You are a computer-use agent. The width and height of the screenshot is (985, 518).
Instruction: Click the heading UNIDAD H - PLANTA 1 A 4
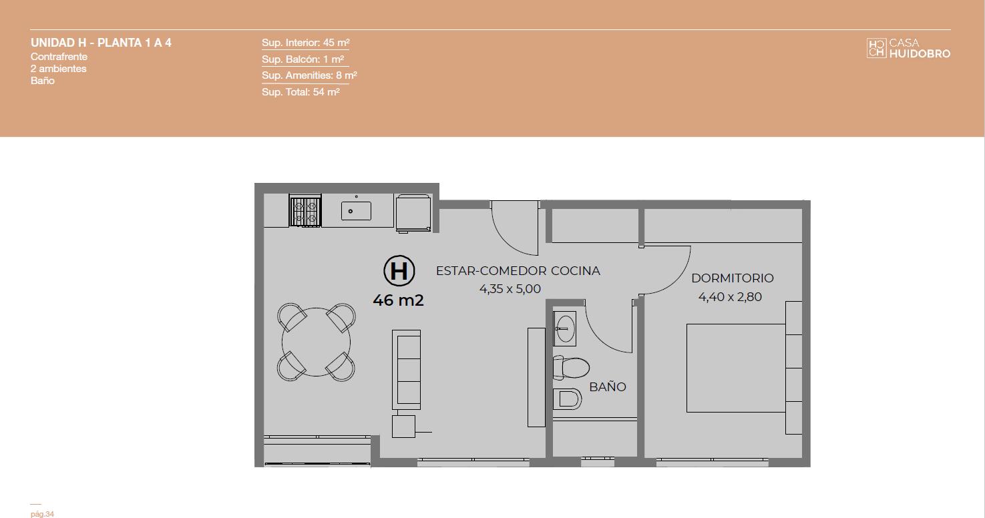pos(101,43)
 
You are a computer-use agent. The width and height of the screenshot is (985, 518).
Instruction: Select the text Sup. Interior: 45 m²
pos(306,43)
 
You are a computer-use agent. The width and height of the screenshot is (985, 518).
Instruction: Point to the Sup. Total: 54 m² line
pos(301,92)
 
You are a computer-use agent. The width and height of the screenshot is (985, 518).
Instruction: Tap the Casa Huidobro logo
pos(908,48)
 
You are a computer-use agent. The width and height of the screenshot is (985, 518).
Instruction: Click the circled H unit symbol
pos(399,270)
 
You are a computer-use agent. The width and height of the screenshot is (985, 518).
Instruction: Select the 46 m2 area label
pos(398,300)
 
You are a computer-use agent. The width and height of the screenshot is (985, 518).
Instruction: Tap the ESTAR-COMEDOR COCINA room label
pos(518,270)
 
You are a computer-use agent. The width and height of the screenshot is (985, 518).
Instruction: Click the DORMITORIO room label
pos(732,278)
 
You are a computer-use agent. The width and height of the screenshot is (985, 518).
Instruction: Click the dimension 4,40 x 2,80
pos(730,297)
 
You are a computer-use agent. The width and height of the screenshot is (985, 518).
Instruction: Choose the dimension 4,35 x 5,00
pos(510,289)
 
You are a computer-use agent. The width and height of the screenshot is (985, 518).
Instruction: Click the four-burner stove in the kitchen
pos(305,212)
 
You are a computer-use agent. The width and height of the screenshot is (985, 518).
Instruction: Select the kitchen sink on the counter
pos(356,211)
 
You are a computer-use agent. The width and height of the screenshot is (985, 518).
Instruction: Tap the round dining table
pos(316,342)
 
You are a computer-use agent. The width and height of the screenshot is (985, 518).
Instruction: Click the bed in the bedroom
pos(736,368)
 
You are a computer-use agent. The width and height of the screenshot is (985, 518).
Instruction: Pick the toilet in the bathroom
pos(571,368)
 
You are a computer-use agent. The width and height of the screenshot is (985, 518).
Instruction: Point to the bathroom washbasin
pos(564,328)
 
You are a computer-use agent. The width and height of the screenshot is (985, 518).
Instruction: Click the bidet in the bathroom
pos(567,399)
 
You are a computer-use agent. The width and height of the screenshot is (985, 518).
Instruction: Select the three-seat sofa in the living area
pos(406,370)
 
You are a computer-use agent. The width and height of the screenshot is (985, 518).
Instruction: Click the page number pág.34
pos(42,514)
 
